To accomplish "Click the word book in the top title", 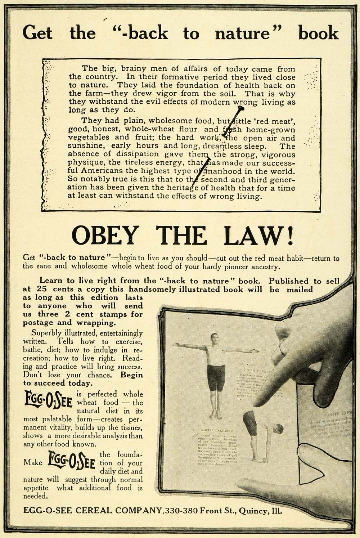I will (x=318, y=33).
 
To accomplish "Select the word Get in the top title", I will (x=37, y=33).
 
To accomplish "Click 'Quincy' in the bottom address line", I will (x=255, y=511).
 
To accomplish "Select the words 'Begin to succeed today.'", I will (x=83, y=379).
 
